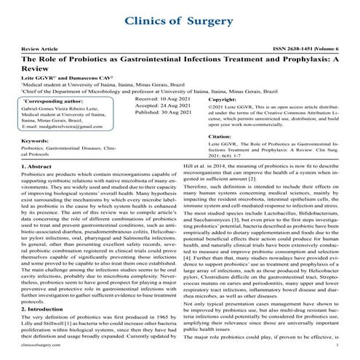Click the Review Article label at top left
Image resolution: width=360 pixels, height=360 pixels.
(43, 46)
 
